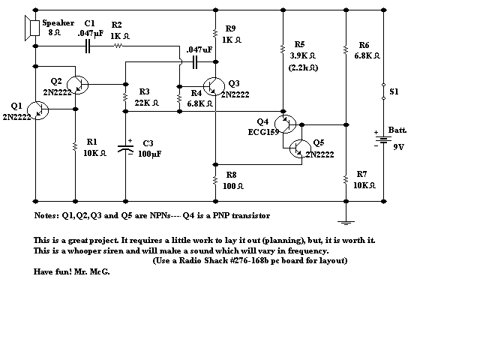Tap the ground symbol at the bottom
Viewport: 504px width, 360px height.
coord(344,220)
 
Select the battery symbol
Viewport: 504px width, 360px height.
coord(383,138)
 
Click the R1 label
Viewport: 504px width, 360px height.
coord(92,141)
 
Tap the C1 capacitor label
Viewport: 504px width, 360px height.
coord(90,23)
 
